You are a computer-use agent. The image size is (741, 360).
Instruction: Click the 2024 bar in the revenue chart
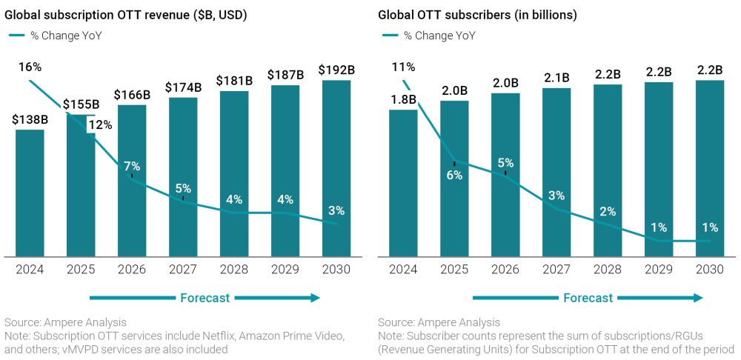point(30,193)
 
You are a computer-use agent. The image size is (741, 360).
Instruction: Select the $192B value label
point(336,70)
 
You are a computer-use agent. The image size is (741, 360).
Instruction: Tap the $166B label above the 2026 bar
point(131,95)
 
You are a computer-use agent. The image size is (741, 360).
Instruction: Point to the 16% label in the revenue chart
point(30,67)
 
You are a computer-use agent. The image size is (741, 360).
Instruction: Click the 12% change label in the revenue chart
point(100,124)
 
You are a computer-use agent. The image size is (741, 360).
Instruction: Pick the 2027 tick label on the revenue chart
point(182,270)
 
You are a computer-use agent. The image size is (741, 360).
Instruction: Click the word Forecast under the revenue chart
point(205,298)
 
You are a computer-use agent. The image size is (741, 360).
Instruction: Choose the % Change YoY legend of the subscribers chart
point(438,35)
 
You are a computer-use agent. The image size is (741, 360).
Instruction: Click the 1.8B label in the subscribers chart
point(403,99)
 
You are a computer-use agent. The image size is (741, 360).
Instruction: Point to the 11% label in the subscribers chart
point(403,67)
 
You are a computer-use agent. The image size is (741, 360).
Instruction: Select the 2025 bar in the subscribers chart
point(453,179)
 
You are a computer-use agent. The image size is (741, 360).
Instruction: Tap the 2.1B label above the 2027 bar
point(556,77)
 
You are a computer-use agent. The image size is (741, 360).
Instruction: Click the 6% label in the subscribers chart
point(453,175)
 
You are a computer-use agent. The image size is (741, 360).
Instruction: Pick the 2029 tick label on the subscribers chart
point(658,270)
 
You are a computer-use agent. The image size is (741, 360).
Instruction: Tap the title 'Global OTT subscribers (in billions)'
point(477,15)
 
